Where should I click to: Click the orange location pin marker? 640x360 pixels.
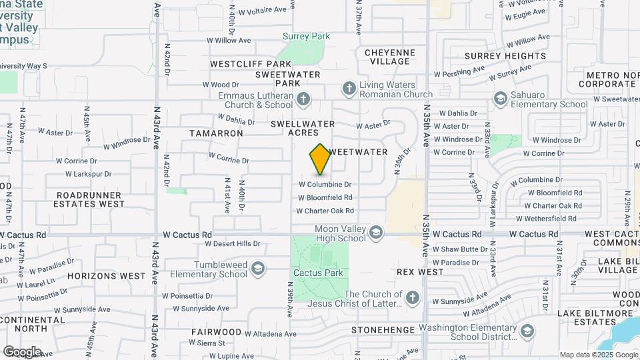(x=321, y=159)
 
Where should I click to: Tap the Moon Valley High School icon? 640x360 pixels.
(x=376, y=233)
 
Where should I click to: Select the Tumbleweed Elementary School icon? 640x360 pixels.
(x=257, y=269)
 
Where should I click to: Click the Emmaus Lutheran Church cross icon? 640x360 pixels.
(x=303, y=100)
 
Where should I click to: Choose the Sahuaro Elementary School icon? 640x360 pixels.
(x=500, y=99)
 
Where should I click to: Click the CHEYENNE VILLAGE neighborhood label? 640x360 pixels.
(x=389, y=57)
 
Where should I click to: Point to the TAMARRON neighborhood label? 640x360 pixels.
(x=216, y=133)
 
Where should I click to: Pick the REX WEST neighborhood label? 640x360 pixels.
(x=420, y=272)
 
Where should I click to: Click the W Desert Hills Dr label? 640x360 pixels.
(x=233, y=244)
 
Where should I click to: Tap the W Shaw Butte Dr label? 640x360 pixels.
(x=460, y=249)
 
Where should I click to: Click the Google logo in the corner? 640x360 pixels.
(x=22, y=352)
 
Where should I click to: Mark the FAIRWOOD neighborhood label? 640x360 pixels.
(x=216, y=331)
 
